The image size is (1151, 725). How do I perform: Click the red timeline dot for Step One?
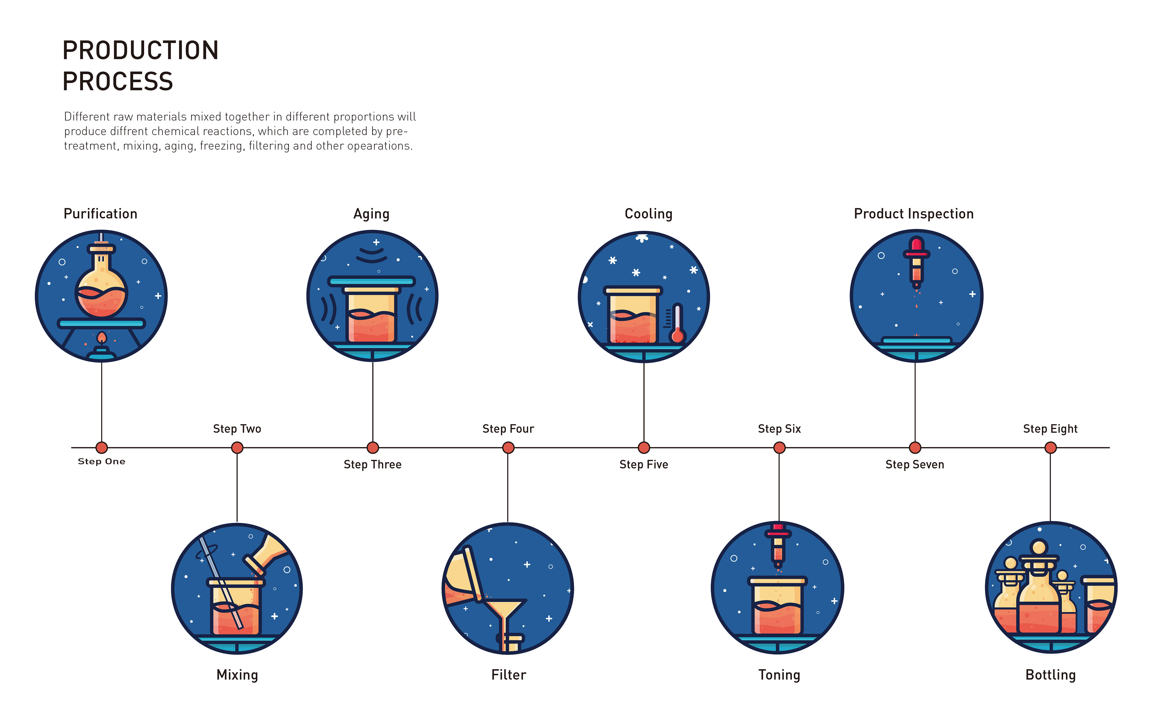[x=101, y=448]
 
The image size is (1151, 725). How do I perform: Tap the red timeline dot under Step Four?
[x=508, y=448]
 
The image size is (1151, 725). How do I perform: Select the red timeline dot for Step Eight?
[x=1050, y=448]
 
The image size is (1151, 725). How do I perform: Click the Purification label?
[x=100, y=214]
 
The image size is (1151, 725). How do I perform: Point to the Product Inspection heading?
[x=913, y=214]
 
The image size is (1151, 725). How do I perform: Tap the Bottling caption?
[x=1050, y=675]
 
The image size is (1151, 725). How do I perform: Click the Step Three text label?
[x=372, y=464]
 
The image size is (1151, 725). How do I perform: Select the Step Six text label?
[x=779, y=429]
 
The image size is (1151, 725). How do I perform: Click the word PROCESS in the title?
[x=117, y=81]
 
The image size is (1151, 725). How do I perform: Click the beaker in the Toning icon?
[x=777, y=607]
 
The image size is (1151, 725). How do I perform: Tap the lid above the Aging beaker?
[x=371, y=281]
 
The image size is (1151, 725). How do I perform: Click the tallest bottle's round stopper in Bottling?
[x=1039, y=546]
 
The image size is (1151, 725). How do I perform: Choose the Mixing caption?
[x=237, y=675]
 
